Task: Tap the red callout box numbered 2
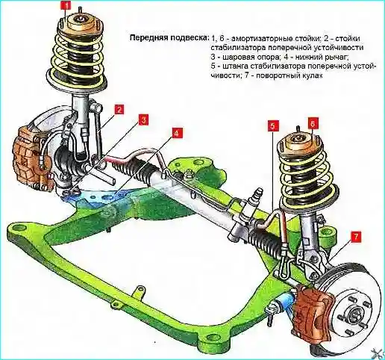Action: click(x=119, y=110)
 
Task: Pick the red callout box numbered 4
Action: click(x=176, y=134)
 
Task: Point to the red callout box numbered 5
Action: click(x=272, y=126)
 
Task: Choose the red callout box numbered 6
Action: click(x=313, y=123)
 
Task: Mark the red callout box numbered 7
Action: click(x=356, y=237)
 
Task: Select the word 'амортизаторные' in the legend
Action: click(x=263, y=39)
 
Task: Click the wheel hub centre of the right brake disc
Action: click(x=354, y=314)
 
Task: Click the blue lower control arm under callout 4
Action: click(x=99, y=196)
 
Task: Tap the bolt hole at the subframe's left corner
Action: click(x=17, y=227)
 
